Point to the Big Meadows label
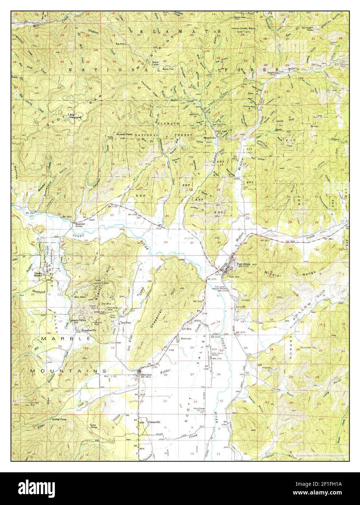[x=76, y=117]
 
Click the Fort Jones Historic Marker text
[x=222, y=288]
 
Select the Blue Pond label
[x=79, y=297]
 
